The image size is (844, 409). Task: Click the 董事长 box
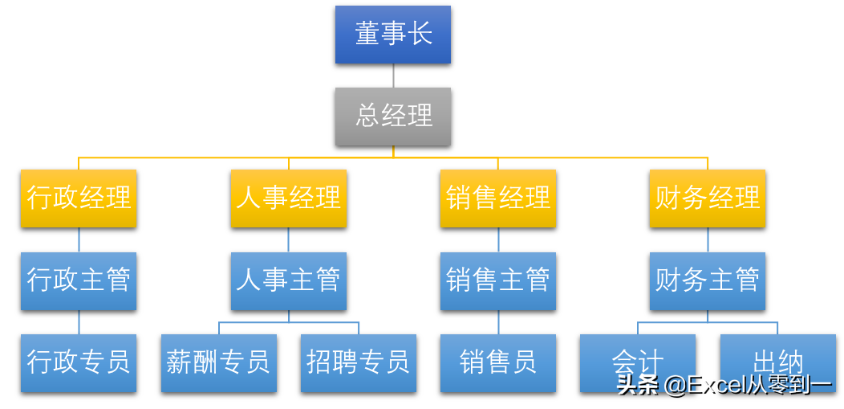pyautogui.click(x=393, y=35)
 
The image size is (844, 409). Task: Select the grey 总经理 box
pyautogui.click(x=393, y=117)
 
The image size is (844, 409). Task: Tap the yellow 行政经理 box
pyautogui.click(x=79, y=198)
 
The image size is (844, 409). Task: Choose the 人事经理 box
pyautogui.click(x=289, y=198)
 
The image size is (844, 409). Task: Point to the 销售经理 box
pyautogui.click(x=498, y=198)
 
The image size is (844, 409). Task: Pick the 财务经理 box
pyautogui.click(x=708, y=198)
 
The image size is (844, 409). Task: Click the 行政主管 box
pyautogui.click(x=79, y=280)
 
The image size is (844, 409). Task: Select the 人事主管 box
pyautogui.click(x=289, y=280)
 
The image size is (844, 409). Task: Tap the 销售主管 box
pyautogui.click(x=498, y=280)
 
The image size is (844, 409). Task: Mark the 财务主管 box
pyautogui.click(x=708, y=280)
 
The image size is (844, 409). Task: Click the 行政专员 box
pyautogui.click(x=79, y=362)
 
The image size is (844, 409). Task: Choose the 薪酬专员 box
pyautogui.click(x=219, y=362)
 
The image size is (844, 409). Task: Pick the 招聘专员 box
pyautogui.click(x=359, y=362)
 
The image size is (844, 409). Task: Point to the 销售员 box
pyautogui.click(x=498, y=362)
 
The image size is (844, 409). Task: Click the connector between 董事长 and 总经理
pyautogui.click(x=393, y=76)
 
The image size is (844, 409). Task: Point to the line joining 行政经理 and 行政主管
pyautogui.click(x=79, y=239)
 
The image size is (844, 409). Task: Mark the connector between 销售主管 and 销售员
pyautogui.click(x=498, y=322)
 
